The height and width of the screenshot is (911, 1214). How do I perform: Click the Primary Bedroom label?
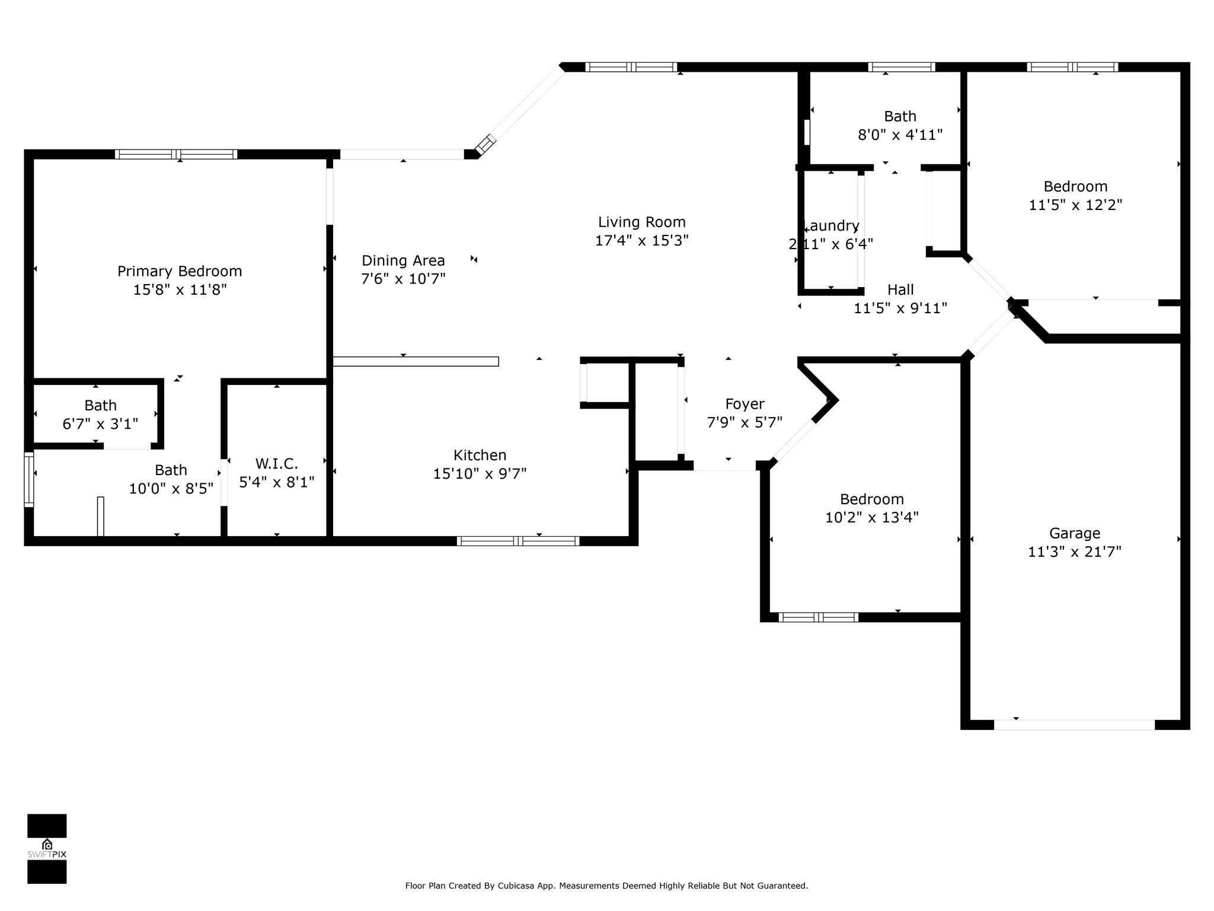click(x=180, y=271)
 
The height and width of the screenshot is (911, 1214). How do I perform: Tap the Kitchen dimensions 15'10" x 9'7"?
click(x=480, y=474)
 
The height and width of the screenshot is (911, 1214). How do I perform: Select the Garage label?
click(x=1074, y=533)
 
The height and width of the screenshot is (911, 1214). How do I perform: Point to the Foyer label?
click(x=745, y=404)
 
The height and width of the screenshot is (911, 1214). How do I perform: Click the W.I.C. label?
click(x=276, y=464)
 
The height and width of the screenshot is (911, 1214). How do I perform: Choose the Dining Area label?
click(x=403, y=260)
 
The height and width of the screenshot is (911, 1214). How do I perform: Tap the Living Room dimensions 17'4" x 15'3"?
click(x=641, y=241)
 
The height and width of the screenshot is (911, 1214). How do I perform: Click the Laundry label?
click(x=831, y=226)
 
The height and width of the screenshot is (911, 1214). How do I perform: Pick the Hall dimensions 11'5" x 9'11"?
click(x=900, y=308)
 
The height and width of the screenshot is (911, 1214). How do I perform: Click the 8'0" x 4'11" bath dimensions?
click(x=900, y=135)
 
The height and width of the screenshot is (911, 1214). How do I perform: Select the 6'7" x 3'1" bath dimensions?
click(x=100, y=424)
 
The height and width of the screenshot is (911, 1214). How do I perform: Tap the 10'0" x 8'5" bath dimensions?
click(x=171, y=489)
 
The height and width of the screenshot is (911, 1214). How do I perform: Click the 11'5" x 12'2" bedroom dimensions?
click(x=1075, y=205)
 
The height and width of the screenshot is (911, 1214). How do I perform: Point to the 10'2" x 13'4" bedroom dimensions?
click(x=871, y=517)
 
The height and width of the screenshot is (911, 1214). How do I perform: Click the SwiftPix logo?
click(x=47, y=848)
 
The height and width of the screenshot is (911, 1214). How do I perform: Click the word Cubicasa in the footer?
click(x=514, y=886)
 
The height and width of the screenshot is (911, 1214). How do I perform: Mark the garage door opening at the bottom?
click(x=1074, y=725)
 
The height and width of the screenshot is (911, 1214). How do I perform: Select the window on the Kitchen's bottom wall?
click(x=517, y=541)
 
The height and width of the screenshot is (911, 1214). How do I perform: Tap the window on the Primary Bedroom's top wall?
click(x=176, y=154)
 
